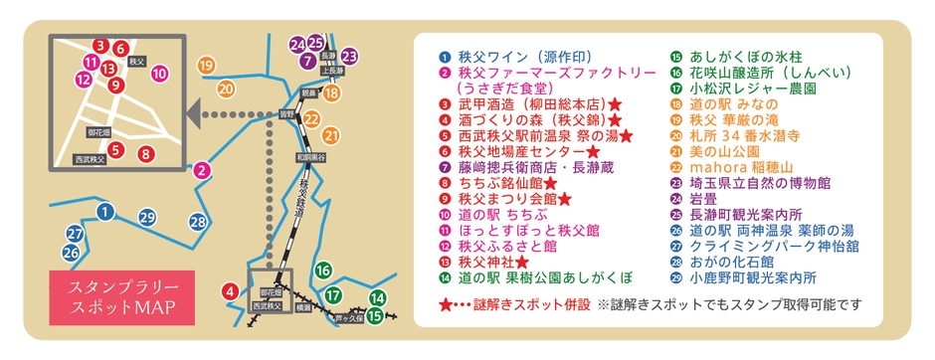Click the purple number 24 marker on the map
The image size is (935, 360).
tap(296, 45)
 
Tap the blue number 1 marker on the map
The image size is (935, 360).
tap(106, 211)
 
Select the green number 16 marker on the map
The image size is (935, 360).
tap(323, 270)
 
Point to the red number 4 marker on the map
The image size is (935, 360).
tap(231, 291)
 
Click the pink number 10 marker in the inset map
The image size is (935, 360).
tap(159, 73)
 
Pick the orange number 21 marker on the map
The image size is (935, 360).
tap(331, 135)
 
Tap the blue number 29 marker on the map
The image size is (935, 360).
tap(148, 217)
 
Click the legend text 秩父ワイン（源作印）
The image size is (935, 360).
tap(525, 56)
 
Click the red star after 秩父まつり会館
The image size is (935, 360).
tap(564, 198)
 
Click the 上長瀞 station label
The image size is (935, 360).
tap(331, 72)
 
